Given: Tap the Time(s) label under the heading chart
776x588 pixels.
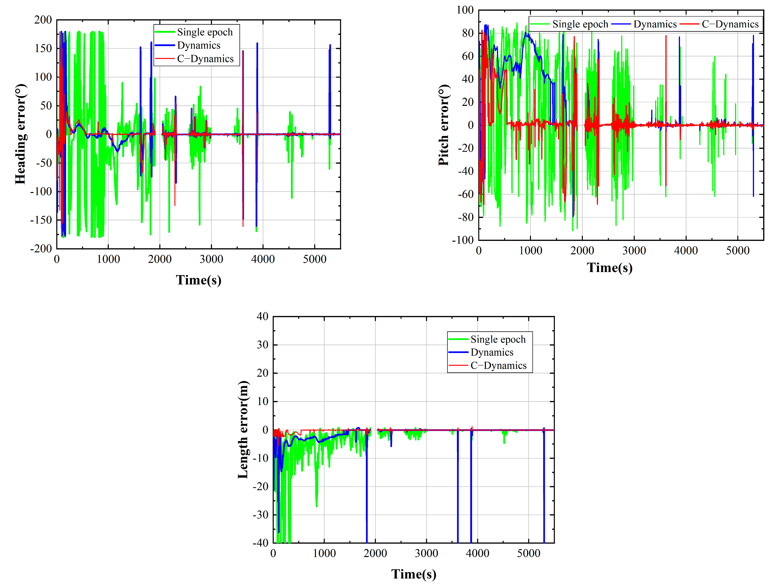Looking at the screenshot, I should [199, 280].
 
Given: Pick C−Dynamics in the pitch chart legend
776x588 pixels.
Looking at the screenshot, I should [730, 24].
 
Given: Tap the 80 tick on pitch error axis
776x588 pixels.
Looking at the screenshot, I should [468, 33].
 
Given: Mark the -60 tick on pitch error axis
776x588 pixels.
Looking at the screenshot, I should [465, 194].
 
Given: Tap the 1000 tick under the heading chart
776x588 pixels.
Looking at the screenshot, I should [108, 259].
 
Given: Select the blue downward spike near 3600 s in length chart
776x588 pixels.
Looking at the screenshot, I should [458, 492].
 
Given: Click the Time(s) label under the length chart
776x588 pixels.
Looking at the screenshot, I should [414, 574].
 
